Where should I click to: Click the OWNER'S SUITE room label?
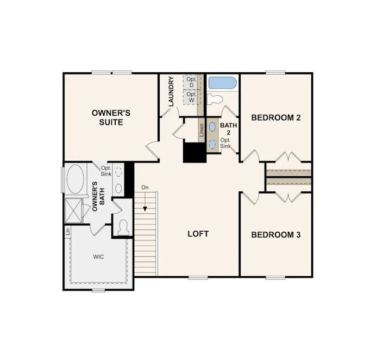[111, 117]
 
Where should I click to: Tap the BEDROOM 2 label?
[276, 117]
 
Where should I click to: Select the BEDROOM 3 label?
[276, 235]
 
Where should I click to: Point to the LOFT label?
[198, 234]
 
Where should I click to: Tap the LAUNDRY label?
[171, 91]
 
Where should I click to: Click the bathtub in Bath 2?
[222, 83]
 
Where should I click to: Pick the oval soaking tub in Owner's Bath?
[75, 180]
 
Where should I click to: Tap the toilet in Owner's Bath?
[122, 226]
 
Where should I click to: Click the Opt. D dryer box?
[191, 83]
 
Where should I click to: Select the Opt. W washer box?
[191, 97]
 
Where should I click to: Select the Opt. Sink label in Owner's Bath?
[106, 171]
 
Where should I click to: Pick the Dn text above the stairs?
[145, 188]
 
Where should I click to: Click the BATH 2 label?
[229, 129]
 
